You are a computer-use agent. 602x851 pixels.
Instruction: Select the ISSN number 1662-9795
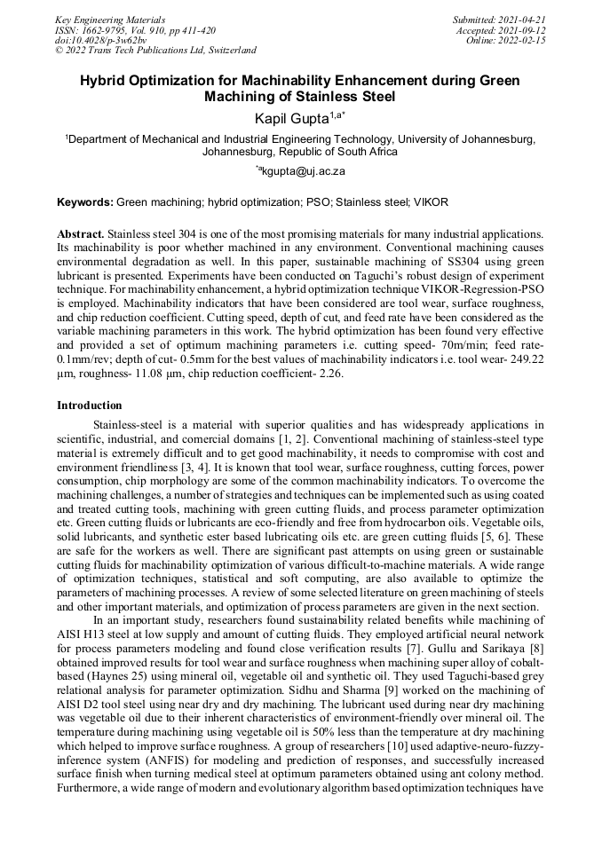[x=108, y=29]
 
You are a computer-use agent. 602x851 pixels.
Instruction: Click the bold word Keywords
[x=84, y=202]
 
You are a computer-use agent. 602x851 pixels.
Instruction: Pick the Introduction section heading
[x=90, y=406]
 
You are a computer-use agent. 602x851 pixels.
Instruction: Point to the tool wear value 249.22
[x=525, y=361]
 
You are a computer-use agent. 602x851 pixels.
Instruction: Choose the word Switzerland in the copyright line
[x=225, y=51]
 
